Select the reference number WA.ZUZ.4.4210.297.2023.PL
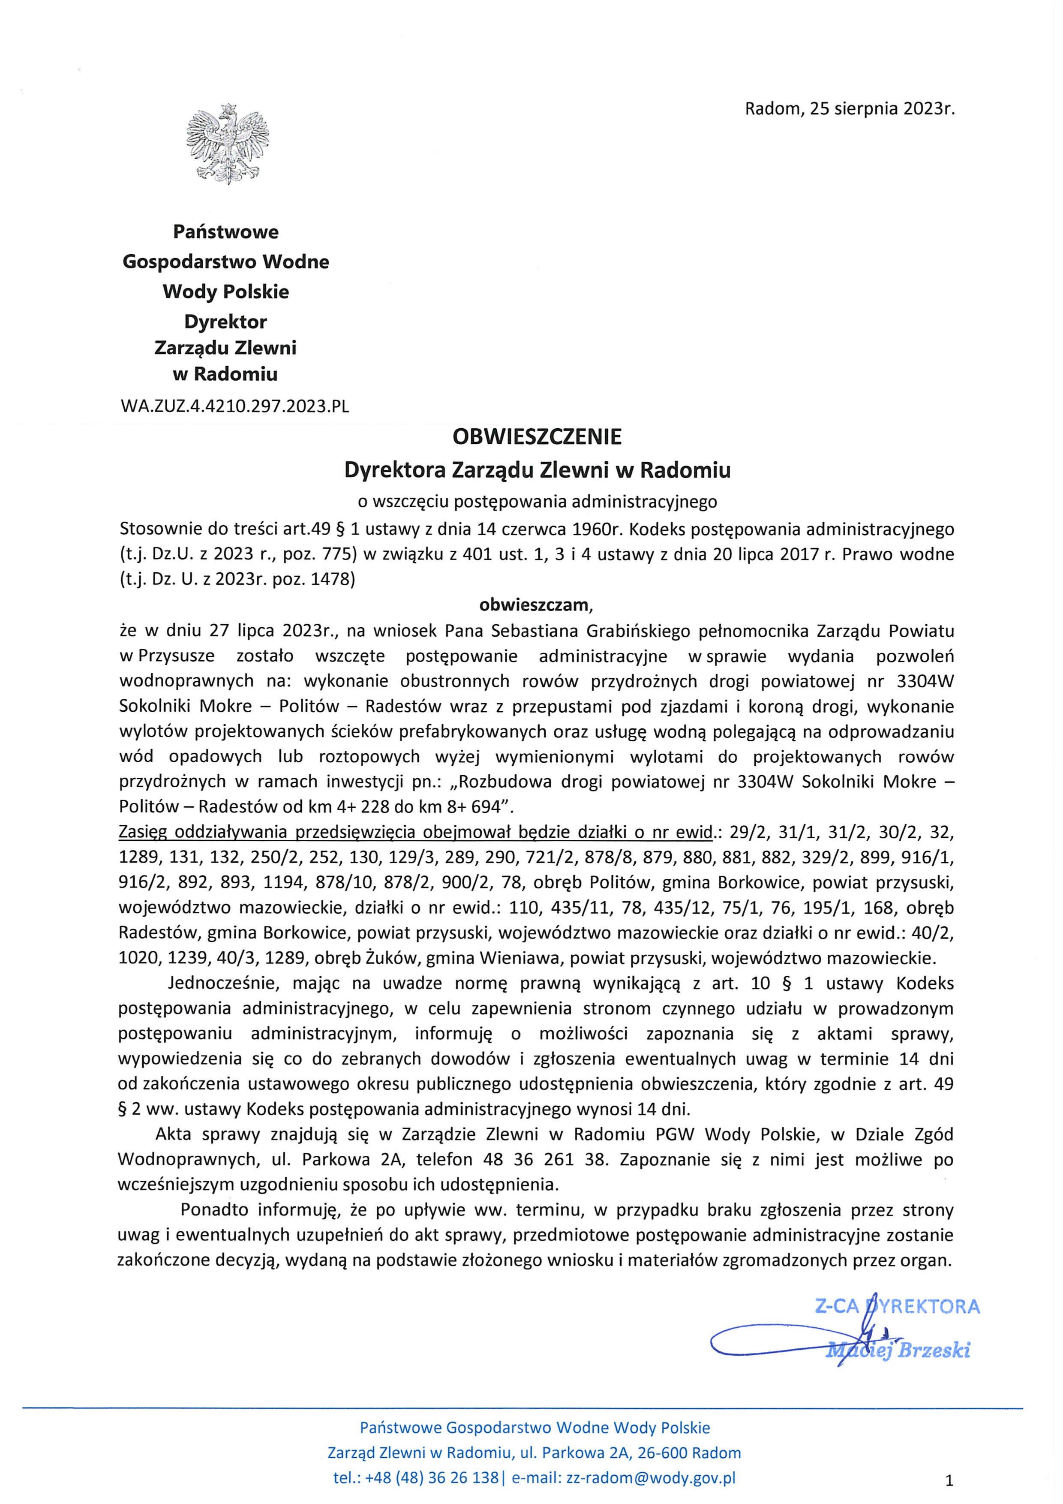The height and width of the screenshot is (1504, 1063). click(234, 406)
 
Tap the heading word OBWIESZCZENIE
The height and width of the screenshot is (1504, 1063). click(537, 436)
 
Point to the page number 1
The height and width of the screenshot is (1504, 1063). click(949, 1479)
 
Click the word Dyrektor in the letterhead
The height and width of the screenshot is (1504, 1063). click(225, 322)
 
